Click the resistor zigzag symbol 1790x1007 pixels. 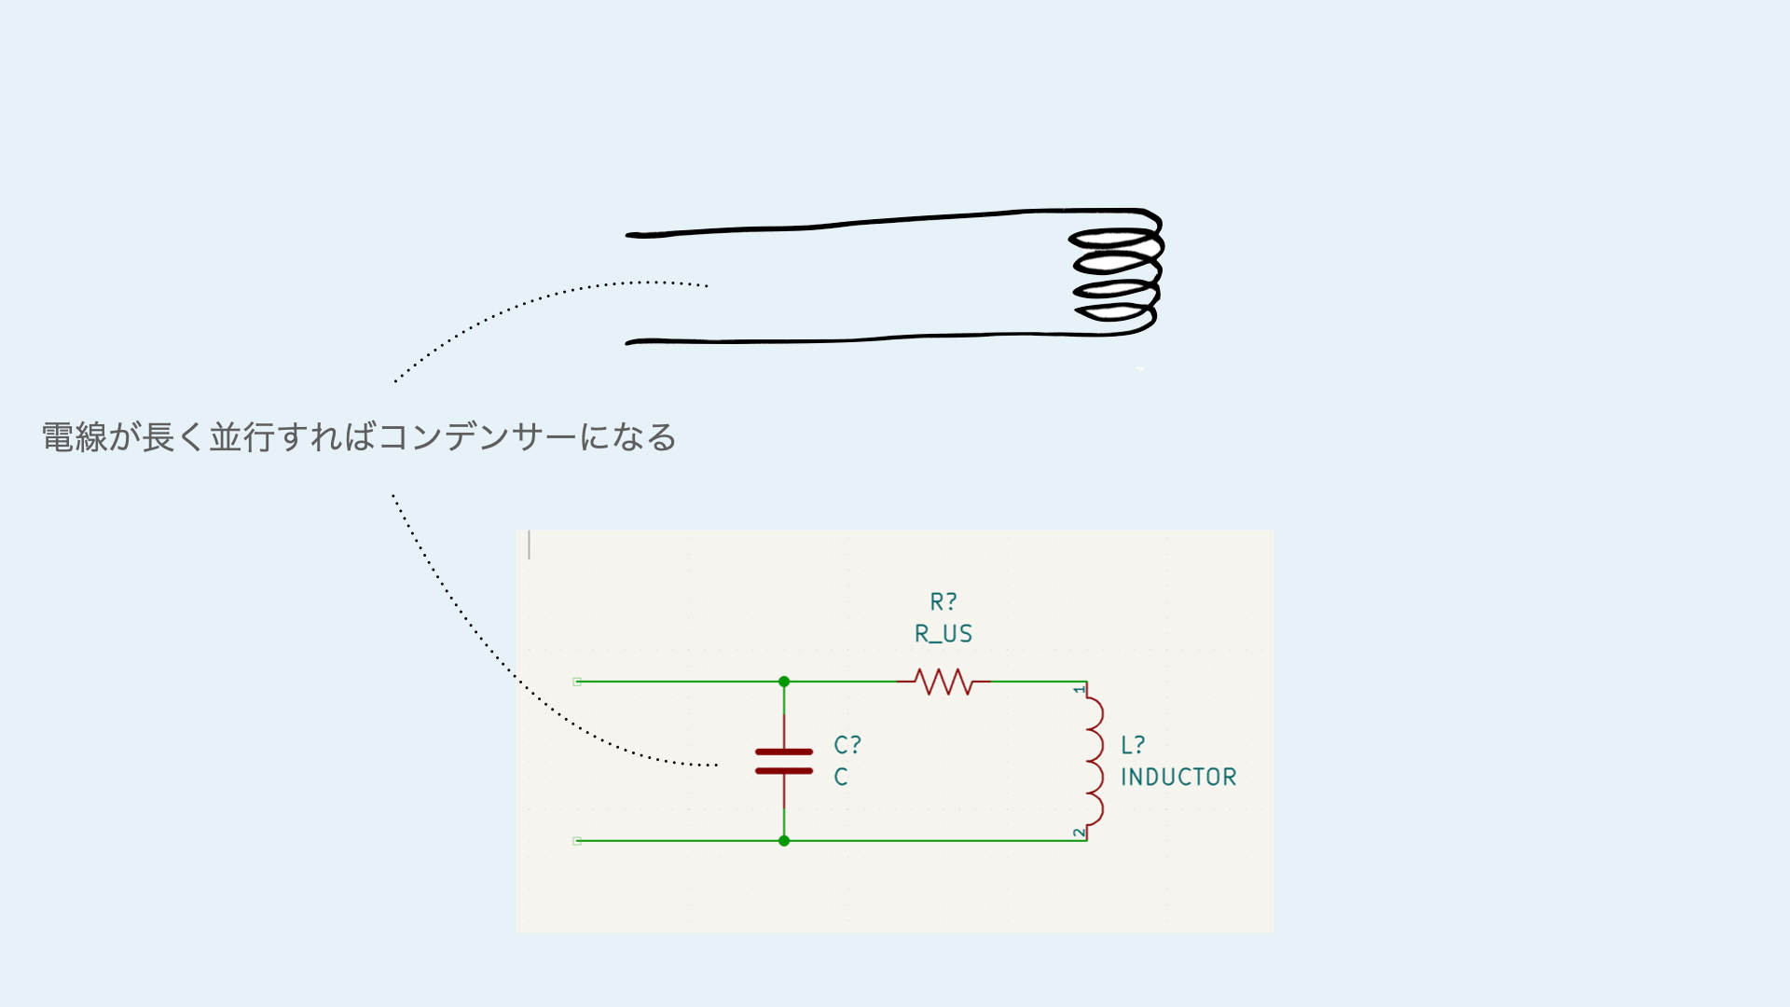[944, 682]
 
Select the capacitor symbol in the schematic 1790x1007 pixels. [784, 761]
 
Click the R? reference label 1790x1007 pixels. [943, 602]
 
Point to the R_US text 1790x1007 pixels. [943, 634]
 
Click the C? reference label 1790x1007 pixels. [847, 745]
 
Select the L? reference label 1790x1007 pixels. [1133, 745]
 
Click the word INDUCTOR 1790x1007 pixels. [1178, 777]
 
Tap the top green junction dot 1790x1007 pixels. [784, 682]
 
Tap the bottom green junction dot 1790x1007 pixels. [784, 841]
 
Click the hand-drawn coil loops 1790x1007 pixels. [1117, 275]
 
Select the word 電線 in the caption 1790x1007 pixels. [75, 437]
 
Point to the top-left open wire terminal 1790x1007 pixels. [577, 682]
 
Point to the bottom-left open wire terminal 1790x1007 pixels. [577, 841]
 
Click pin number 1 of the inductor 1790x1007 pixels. [1080, 690]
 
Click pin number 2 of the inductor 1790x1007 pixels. [1080, 832]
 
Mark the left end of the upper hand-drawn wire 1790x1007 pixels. [629, 235]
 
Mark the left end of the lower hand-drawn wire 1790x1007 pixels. [629, 343]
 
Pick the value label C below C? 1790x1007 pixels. [841, 777]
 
